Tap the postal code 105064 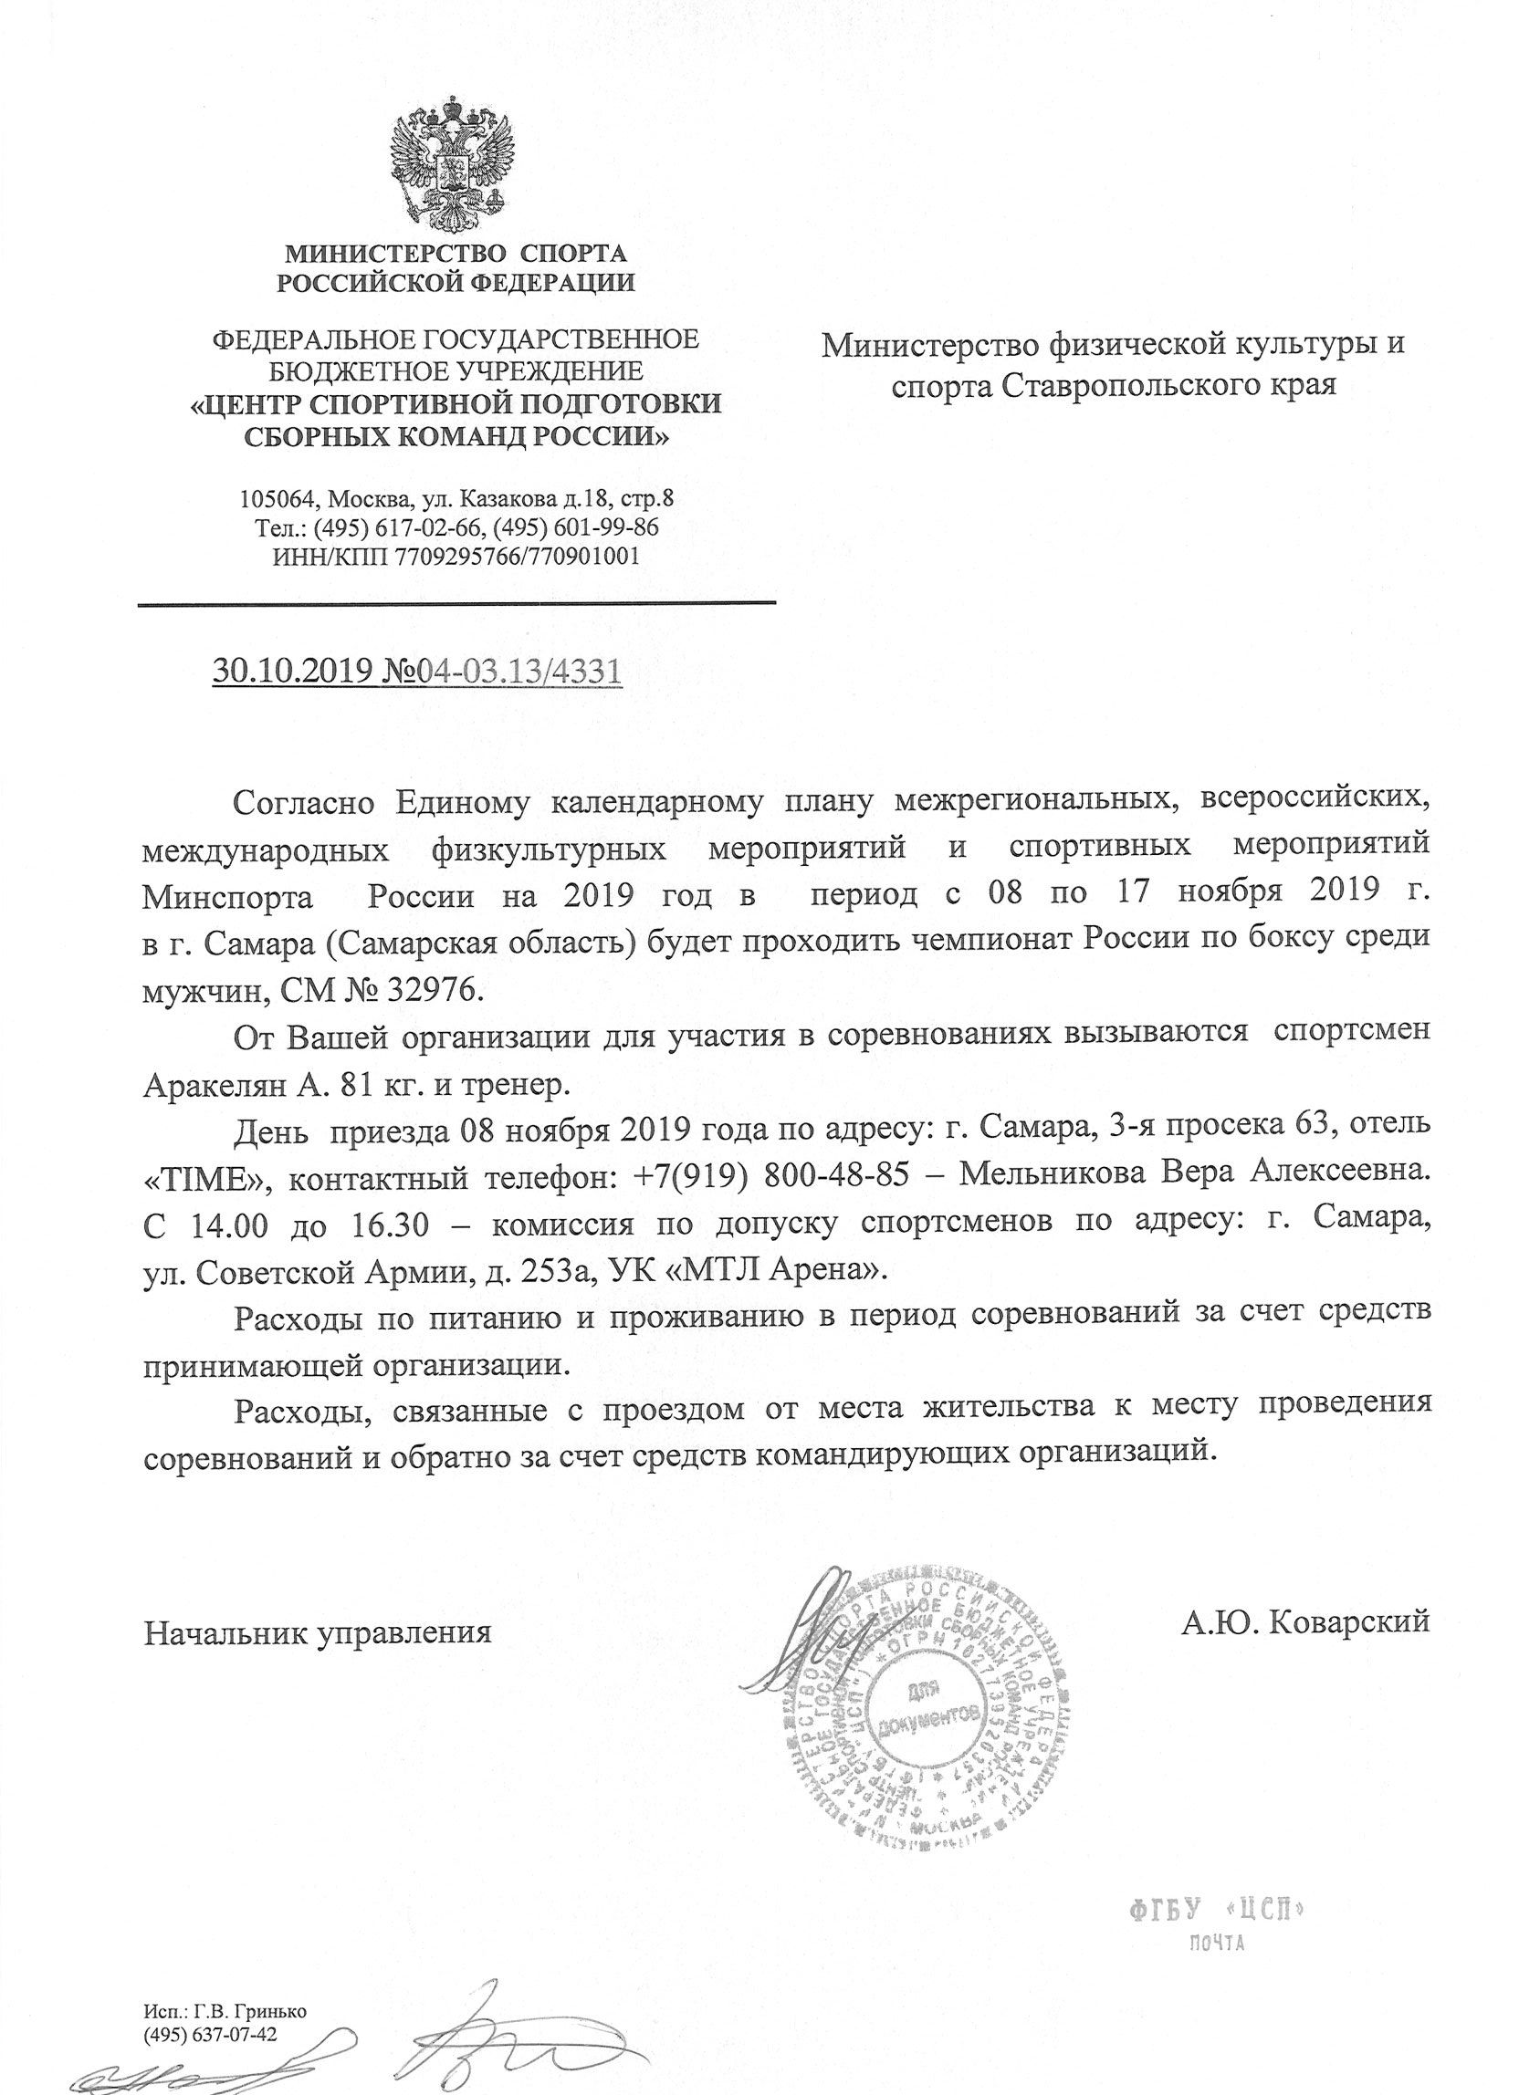coord(278,500)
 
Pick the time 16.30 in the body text coord(401,1224)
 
